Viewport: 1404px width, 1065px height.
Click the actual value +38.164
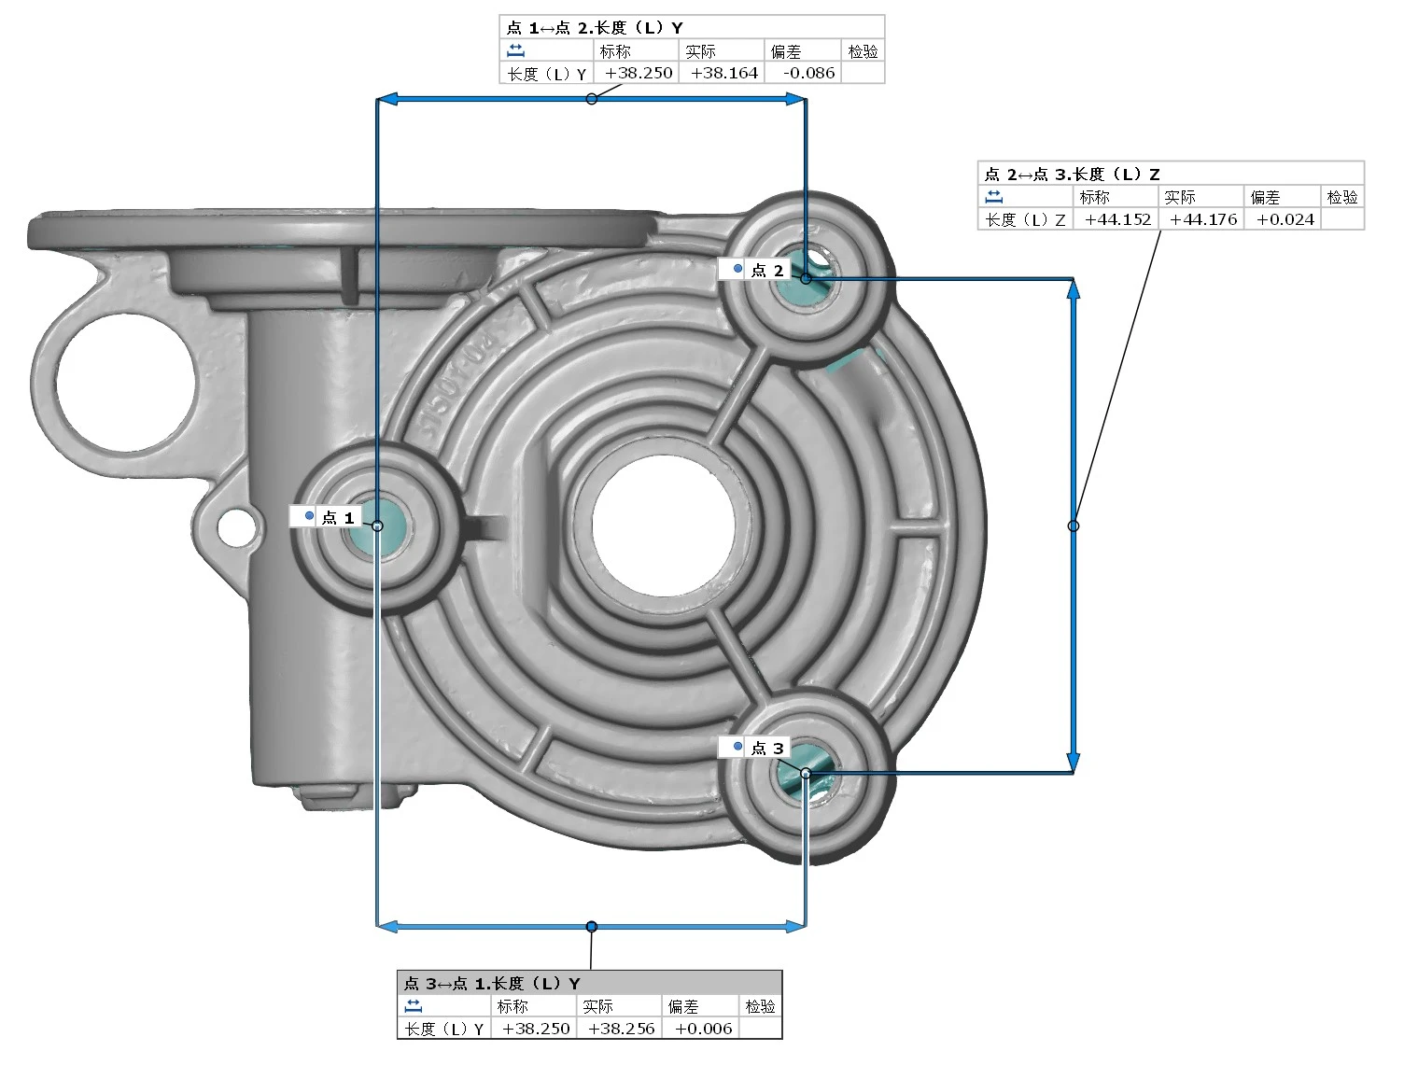coord(724,73)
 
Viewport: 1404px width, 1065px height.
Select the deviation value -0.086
coord(808,73)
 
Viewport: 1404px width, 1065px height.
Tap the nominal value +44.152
coord(1117,219)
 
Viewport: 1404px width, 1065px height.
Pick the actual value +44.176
coord(1203,219)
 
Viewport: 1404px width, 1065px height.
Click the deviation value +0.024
coord(1285,219)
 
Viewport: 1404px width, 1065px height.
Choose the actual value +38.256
coord(621,1029)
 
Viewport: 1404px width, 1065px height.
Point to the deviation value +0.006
coord(703,1029)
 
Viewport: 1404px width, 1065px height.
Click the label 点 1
coord(337,517)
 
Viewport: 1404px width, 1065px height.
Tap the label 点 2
coord(767,271)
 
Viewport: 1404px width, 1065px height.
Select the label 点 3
coord(767,748)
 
